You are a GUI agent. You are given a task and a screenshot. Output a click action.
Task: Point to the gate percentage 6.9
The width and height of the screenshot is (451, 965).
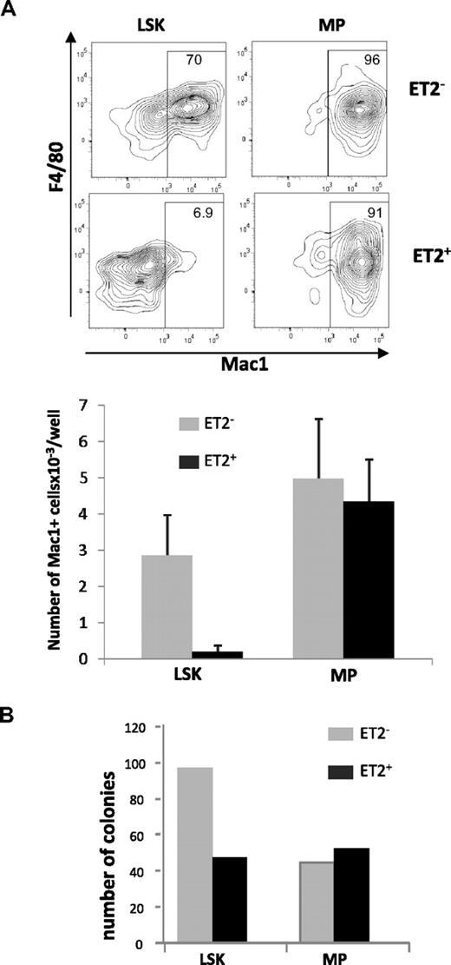[x=194, y=209]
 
